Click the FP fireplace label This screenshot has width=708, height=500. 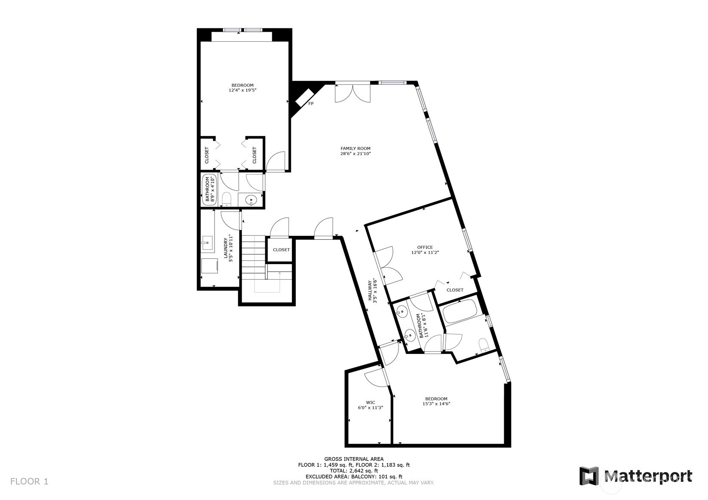pyautogui.click(x=311, y=104)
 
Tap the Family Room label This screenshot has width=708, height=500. pyautogui.click(x=355, y=149)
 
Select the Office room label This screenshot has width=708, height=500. pyautogui.click(x=425, y=247)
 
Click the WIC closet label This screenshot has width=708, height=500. pyautogui.click(x=371, y=402)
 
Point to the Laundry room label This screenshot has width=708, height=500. pyautogui.click(x=226, y=248)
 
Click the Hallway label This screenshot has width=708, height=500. pyautogui.click(x=370, y=290)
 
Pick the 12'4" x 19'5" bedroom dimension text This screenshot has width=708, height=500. pyautogui.click(x=242, y=90)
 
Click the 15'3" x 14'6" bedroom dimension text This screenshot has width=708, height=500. pyautogui.click(x=436, y=404)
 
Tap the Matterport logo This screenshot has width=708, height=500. pyautogui.click(x=636, y=476)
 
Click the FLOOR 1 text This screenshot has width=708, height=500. pyautogui.click(x=29, y=482)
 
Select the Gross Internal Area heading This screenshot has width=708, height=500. pyautogui.click(x=354, y=459)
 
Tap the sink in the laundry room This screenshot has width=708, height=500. pyautogui.click(x=207, y=243)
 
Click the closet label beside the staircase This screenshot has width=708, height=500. pyautogui.click(x=281, y=250)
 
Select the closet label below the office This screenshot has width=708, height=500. pyautogui.click(x=455, y=290)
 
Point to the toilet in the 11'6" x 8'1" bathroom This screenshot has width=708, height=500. pyautogui.click(x=484, y=345)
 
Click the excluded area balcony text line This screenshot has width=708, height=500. pyautogui.click(x=354, y=477)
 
